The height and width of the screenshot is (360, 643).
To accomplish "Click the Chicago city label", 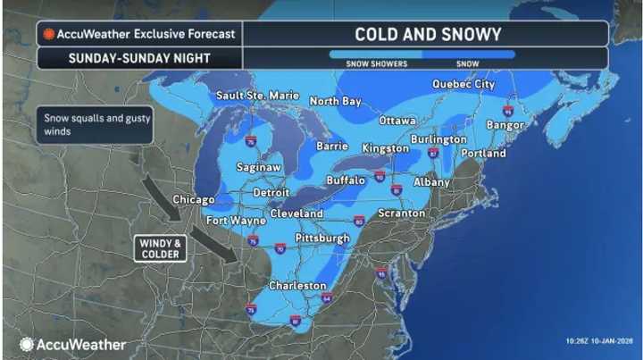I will [194, 199].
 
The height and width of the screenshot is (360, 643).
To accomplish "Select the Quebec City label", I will [463, 84].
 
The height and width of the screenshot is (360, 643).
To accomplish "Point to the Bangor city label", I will [505, 125].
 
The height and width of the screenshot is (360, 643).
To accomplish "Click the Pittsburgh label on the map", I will [321, 239].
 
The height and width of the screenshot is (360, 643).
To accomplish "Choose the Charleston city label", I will [298, 285].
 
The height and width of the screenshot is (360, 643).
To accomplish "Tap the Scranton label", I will [401, 213].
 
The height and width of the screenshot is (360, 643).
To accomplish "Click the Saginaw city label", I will [260, 167].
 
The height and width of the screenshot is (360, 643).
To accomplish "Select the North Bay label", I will [335, 101].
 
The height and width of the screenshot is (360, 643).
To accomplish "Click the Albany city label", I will [432, 182].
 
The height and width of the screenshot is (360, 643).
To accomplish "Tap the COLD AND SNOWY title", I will [428, 34].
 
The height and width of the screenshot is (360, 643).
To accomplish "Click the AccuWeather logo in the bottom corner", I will [73, 344].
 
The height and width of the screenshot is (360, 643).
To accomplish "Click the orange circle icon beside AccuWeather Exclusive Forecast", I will [48, 35].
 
